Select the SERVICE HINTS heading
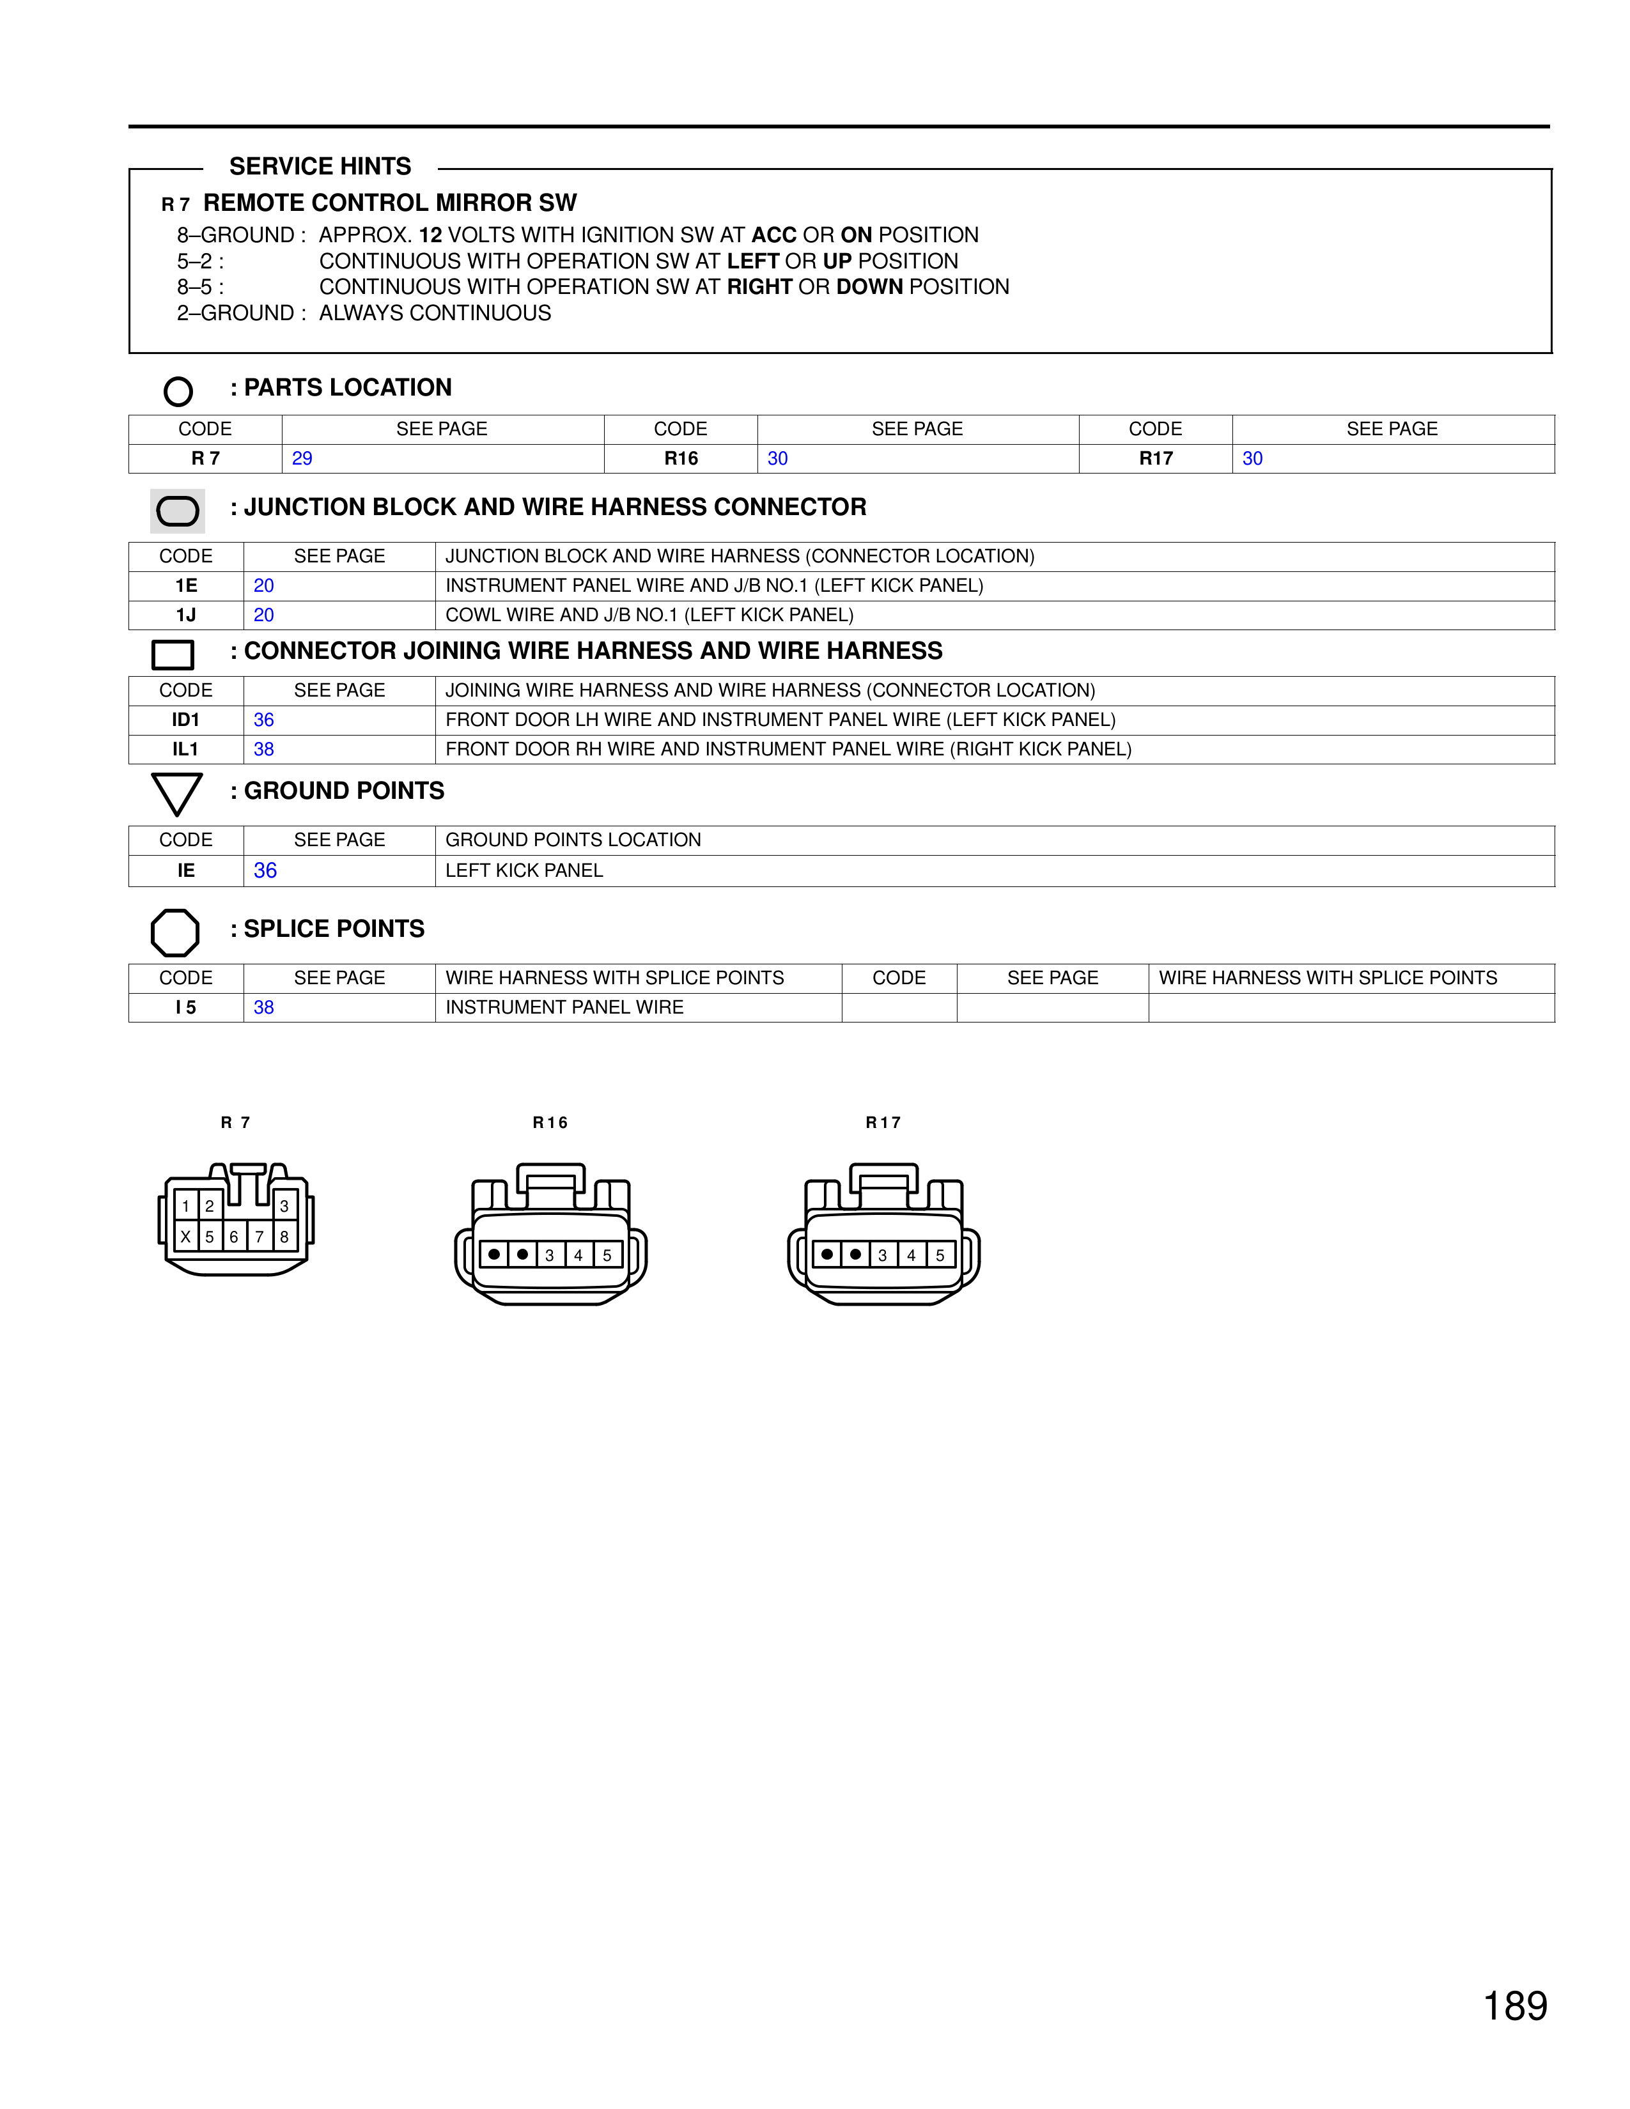click(320, 167)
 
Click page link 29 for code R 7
click(302, 459)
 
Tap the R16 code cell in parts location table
click(681, 459)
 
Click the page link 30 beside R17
click(1252, 459)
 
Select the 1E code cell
click(185, 586)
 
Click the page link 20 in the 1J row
click(263, 615)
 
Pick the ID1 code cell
click(185, 720)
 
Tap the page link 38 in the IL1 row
click(263, 750)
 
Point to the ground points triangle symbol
click(176, 793)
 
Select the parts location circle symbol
click(178, 391)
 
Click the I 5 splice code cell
click(185, 1008)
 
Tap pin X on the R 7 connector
click(185, 1236)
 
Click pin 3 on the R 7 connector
click(284, 1206)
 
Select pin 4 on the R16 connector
click(578, 1255)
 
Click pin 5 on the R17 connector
click(940, 1255)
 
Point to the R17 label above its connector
click(883, 1122)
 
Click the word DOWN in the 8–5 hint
click(869, 288)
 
